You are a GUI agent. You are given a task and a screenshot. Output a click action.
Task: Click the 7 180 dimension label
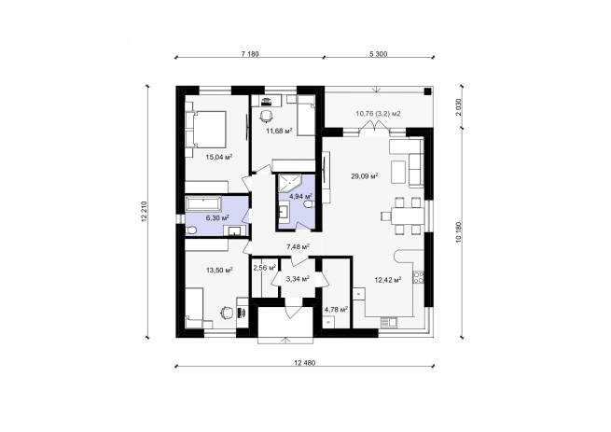(x=250, y=54)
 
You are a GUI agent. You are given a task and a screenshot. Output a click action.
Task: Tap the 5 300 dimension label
(x=379, y=54)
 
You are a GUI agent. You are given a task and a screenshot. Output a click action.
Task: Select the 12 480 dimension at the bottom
(x=304, y=363)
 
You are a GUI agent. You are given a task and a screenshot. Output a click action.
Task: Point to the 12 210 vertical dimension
(x=145, y=212)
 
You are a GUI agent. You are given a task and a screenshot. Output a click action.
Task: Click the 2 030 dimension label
(x=458, y=106)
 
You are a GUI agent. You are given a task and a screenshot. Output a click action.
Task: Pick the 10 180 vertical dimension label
(x=458, y=232)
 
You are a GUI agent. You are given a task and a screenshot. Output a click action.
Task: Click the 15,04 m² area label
(x=219, y=157)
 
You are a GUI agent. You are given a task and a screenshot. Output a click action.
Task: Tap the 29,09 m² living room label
(x=365, y=176)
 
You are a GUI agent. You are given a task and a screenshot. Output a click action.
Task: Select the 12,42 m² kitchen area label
(x=388, y=280)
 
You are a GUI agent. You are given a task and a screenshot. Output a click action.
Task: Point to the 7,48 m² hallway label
(x=298, y=246)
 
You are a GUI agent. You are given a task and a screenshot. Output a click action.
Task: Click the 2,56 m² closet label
(x=265, y=268)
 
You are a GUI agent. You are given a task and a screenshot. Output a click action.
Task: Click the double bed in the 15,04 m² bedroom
(x=206, y=130)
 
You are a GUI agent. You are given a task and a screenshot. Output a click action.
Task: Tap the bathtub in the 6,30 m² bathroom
(x=203, y=203)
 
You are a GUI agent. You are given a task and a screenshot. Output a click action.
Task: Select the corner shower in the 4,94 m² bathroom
(x=289, y=183)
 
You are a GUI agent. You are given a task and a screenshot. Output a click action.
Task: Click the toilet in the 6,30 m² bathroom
(x=191, y=230)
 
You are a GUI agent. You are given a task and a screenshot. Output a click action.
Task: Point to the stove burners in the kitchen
(x=419, y=277)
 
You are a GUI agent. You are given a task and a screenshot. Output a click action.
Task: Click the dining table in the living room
(x=408, y=216)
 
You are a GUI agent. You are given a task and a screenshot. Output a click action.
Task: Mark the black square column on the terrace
(x=427, y=91)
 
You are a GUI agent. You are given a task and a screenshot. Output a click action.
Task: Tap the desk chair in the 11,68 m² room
(x=266, y=116)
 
